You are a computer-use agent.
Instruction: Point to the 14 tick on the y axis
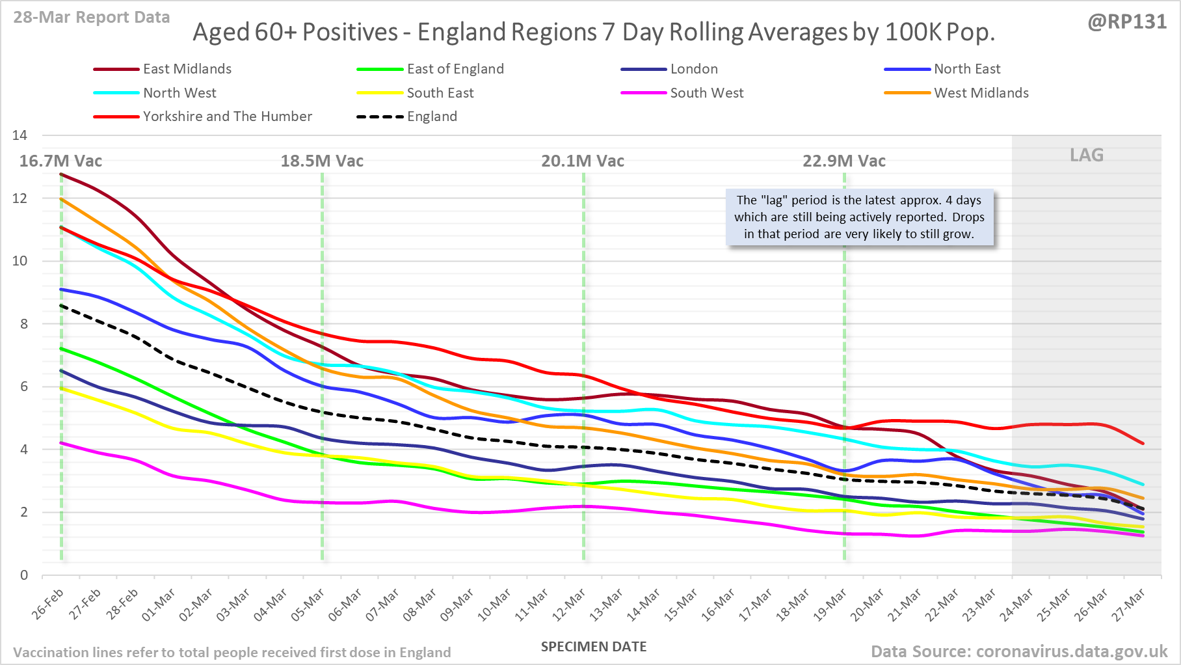[x=20, y=135]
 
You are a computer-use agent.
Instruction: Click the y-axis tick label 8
[x=24, y=324]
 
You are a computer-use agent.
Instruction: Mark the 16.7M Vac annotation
[x=60, y=161]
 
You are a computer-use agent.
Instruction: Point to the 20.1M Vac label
[x=583, y=161]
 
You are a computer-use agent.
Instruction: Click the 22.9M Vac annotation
[x=843, y=161]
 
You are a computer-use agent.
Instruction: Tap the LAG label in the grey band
[x=1087, y=155]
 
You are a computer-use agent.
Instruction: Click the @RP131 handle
[x=1127, y=21]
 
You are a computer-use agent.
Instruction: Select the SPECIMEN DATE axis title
[x=594, y=647]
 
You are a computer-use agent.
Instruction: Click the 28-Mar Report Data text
[x=92, y=18]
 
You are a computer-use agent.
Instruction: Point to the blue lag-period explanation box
[x=859, y=217]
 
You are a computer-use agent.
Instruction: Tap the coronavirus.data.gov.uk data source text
[x=1019, y=651]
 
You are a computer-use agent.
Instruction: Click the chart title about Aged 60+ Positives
[x=594, y=32]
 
